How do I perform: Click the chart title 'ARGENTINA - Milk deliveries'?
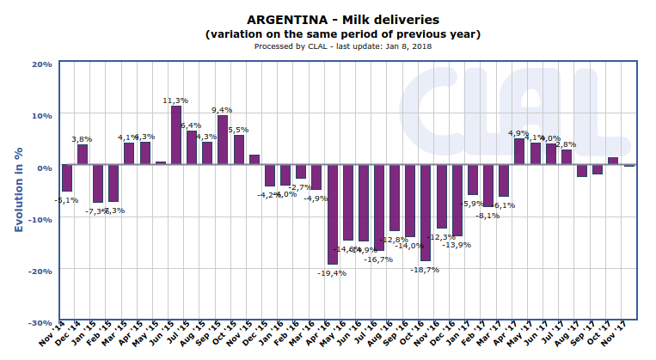coord(342,19)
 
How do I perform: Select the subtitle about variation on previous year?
coord(342,34)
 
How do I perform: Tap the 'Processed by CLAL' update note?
coord(342,46)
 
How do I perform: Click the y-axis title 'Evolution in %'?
coord(18,190)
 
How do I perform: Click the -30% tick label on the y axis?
coord(40,322)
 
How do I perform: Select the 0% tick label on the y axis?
coord(45,167)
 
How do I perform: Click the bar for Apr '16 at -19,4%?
coord(332,215)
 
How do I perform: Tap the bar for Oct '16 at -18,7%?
coord(425,213)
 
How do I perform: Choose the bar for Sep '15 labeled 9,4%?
coord(223,140)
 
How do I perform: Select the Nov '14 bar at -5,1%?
coord(66,179)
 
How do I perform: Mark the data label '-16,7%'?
coord(378,259)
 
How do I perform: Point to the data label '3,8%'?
coord(82,139)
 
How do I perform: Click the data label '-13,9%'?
coord(456,245)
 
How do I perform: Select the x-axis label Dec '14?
coord(75,339)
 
